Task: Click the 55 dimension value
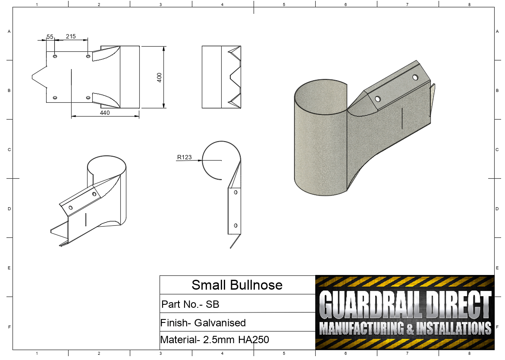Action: coord(50,37)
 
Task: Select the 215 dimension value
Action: coord(71,37)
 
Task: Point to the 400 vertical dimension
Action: coord(159,77)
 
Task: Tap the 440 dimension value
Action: coord(105,113)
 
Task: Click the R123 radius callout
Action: coord(184,157)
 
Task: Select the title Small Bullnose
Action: coord(237,285)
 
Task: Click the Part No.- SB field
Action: coord(190,304)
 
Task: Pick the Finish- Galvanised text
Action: coord(203,323)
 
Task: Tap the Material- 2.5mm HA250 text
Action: coord(214,340)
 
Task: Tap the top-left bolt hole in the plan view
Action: coord(55,57)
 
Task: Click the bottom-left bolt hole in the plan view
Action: coord(55,98)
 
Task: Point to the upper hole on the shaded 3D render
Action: coord(415,77)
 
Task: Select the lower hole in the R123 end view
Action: coord(235,225)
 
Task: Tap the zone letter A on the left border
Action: coord(9,32)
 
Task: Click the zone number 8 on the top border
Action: coord(469,4)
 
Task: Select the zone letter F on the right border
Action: coord(497,327)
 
